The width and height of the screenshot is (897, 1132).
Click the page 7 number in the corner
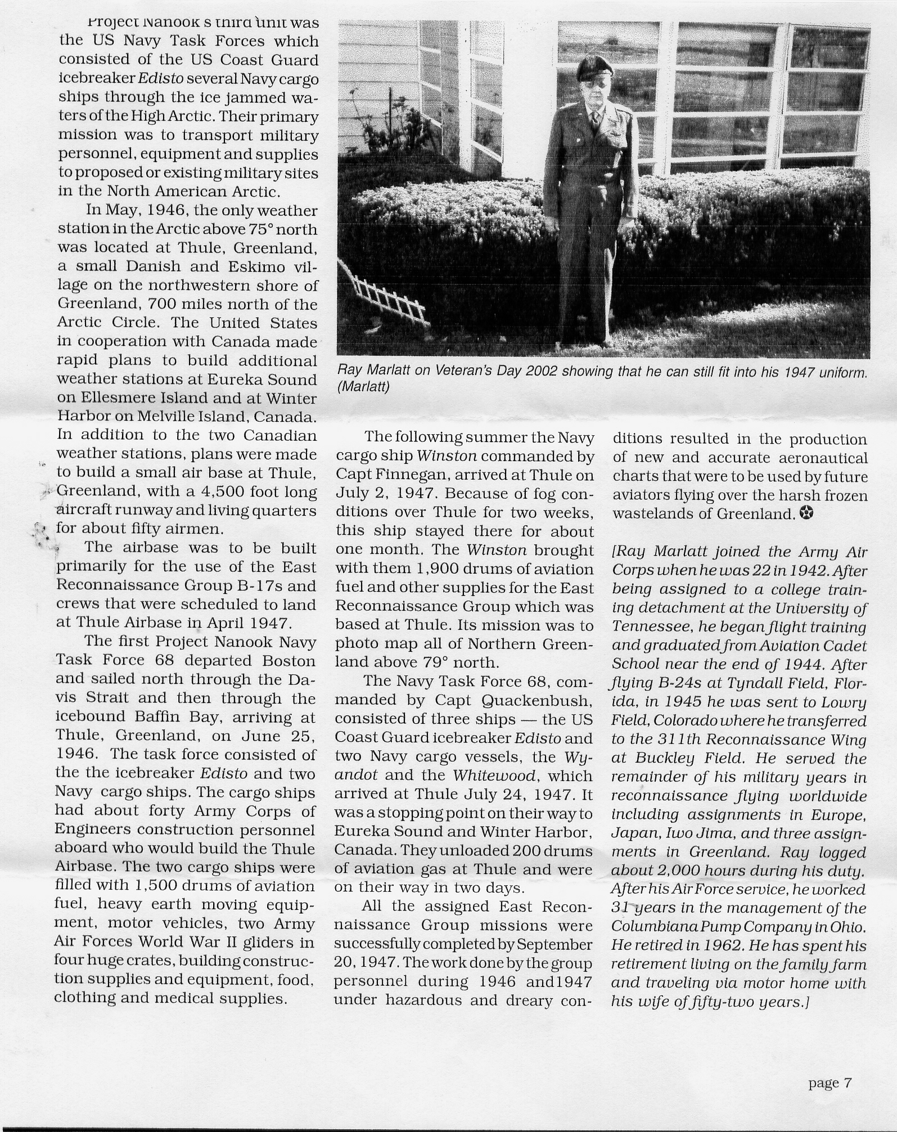tap(831, 1083)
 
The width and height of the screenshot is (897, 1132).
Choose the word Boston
tap(287, 660)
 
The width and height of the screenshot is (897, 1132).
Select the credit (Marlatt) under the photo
tap(363, 387)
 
